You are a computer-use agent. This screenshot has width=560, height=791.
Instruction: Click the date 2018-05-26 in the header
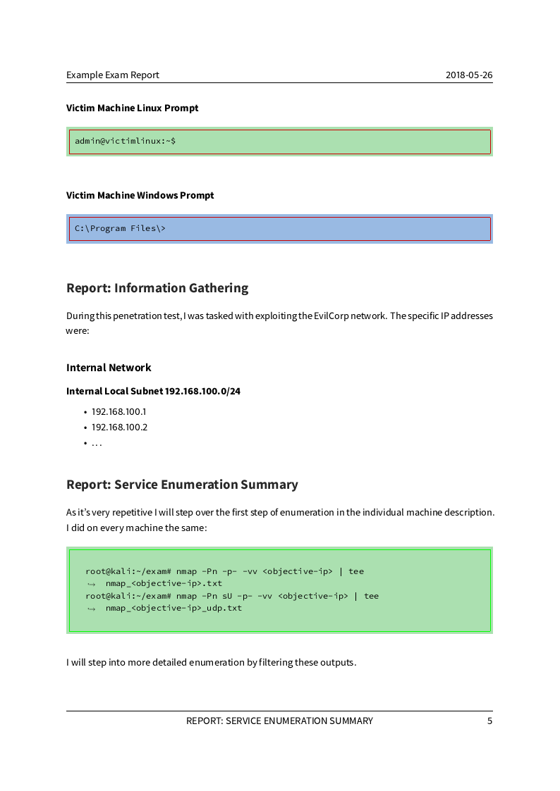469,75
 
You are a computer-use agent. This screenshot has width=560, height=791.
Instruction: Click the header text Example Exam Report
113,75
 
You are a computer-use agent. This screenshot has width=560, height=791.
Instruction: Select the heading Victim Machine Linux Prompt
133,108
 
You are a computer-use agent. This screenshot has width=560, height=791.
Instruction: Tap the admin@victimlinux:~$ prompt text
126,141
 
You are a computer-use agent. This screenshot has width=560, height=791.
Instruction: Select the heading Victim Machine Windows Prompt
140,195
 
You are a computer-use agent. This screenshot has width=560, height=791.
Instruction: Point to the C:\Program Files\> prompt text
120,228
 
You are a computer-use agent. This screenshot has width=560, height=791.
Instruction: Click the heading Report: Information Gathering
157,288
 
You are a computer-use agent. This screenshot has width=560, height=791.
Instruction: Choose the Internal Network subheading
109,368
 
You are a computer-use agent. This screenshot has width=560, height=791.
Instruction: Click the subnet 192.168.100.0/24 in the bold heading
202,391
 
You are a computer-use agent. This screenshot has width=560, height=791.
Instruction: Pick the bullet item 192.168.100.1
118,412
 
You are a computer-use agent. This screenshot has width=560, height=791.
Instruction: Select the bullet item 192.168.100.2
119,428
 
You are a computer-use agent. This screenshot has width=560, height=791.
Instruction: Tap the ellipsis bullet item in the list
97,443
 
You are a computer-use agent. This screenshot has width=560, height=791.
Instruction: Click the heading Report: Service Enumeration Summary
182,485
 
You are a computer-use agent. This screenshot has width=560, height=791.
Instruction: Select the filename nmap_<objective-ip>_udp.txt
174,608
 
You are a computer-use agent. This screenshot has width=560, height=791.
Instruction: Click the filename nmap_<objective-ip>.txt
164,583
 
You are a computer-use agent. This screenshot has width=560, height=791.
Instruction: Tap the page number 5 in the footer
489,721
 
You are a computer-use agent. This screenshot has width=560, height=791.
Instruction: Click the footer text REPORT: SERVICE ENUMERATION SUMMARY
279,721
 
